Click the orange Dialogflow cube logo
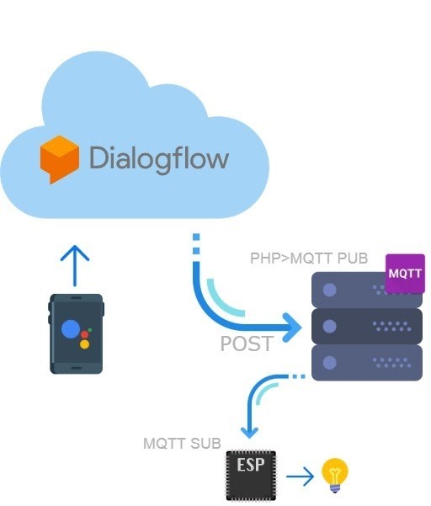pyautogui.click(x=60, y=159)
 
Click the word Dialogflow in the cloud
pyautogui.click(x=159, y=159)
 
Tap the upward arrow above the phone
pyautogui.click(x=75, y=265)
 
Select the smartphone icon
pyautogui.click(x=76, y=334)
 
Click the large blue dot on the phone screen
pyautogui.click(x=71, y=329)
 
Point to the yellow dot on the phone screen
pyautogui.click(x=84, y=344)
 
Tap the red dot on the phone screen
pyautogui.click(x=84, y=334)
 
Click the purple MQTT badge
pyautogui.click(x=405, y=274)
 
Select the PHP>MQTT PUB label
pyautogui.click(x=309, y=258)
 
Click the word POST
pyautogui.click(x=247, y=344)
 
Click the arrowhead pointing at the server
pyautogui.click(x=292, y=328)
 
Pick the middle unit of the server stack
pyautogui.click(x=367, y=327)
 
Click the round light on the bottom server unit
pyautogui.click(x=330, y=362)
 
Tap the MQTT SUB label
pyautogui.click(x=182, y=444)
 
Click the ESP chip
pyautogui.click(x=251, y=476)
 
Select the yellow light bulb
pyautogui.click(x=335, y=475)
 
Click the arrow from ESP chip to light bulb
pyautogui.click(x=300, y=476)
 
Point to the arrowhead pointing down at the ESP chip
pyautogui.click(x=249, y=433)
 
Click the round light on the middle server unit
pyautogui.click(x=330, y=326)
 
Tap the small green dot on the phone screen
pyautogui.click(x=90, y=330)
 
